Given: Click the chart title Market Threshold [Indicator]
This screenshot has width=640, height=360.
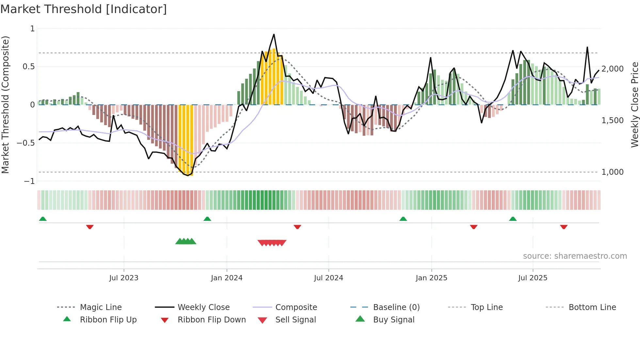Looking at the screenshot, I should (84, 9).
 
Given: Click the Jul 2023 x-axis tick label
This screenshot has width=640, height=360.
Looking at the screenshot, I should (124, 278).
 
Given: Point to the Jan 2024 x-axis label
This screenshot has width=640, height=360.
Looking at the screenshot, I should (227, 278).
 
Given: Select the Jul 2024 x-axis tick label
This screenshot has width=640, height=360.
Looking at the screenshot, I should (328, 278).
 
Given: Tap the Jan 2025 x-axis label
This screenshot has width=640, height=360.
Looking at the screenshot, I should (431, 278).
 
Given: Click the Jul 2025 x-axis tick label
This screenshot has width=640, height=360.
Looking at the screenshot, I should (533, 278).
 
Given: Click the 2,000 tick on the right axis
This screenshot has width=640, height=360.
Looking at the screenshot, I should (612, 69).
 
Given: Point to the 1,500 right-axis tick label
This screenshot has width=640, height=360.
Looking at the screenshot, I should (612, 121).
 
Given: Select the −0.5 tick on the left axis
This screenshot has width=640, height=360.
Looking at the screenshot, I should (25, 143).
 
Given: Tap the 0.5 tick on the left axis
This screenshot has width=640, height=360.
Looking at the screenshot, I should (28, 67).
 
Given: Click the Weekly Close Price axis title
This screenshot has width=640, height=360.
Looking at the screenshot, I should (634, 105).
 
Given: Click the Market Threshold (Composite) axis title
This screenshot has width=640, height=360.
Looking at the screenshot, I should (5, 105).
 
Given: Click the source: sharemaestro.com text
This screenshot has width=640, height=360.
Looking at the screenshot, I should (575, 256).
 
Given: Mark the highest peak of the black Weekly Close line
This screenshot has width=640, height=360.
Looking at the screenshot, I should (274, 34).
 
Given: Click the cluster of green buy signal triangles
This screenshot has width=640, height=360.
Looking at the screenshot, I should (185, 242).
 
